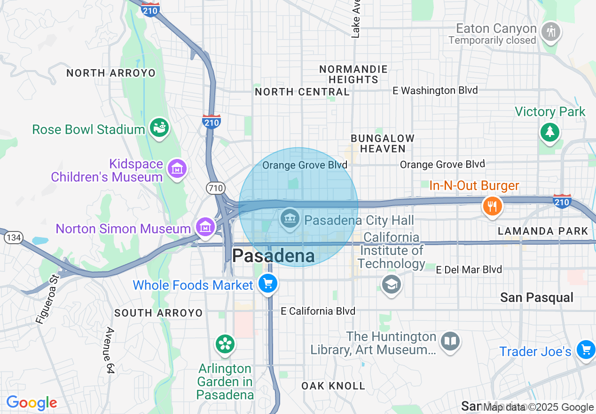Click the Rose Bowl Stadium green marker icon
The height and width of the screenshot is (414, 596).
click(159, 127)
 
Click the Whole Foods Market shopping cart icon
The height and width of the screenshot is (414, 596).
click(268, 284)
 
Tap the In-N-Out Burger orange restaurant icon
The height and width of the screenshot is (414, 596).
click(492, 206)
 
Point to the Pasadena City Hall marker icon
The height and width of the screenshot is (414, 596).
click(290, 218)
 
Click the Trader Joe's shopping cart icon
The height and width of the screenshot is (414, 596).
click(586, 350)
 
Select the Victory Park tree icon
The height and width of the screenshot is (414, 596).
click(549, 131)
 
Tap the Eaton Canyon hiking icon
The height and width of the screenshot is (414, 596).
click(551, 32)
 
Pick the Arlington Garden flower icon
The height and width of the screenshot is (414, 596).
click(225, 344)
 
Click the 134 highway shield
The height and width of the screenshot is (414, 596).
click(13, 238)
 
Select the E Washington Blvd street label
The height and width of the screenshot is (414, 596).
click(435, 90)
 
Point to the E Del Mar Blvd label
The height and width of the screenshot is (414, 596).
click(469, 270)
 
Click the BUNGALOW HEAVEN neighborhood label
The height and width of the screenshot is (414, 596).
click(383, 143)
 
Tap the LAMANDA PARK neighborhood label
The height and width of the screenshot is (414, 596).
click(543, 231)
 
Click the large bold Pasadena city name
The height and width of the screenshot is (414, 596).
click(273, 256)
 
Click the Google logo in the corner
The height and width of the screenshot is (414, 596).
click(31, 403)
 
